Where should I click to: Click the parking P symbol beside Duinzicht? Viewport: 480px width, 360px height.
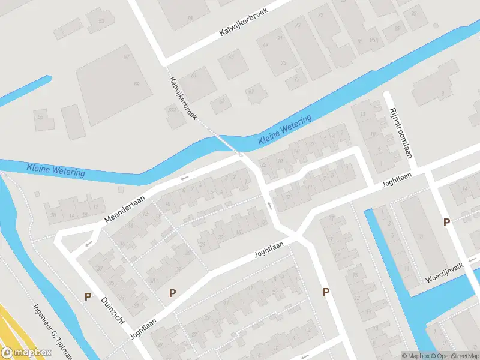click(88, 296)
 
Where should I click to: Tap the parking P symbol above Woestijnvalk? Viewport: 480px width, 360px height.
click(446, 223)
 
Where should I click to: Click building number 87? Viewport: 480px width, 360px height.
click(127, 57)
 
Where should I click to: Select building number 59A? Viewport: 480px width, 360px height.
click(172, 110)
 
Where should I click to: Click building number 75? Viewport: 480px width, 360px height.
click(283, 63)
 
